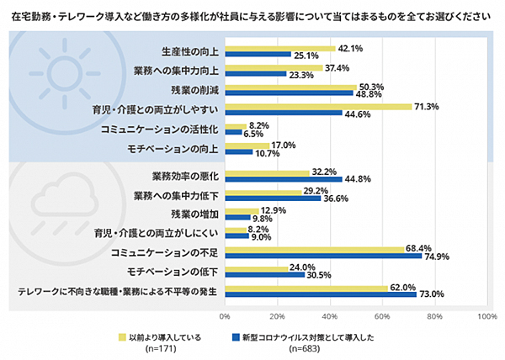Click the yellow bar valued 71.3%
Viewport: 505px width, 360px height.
point(317,107)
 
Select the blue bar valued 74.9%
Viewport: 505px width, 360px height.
point(322,256)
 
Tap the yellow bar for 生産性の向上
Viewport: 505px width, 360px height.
point(279,49)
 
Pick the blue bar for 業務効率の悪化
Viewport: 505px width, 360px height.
point(283,178)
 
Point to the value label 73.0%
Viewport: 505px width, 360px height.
point(431,294)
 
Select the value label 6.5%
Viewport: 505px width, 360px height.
point(253,133)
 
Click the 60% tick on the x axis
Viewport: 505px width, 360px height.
point(381,316)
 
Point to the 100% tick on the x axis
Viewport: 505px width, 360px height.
point(486,316)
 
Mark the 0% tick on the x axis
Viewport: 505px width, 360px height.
point(225,316)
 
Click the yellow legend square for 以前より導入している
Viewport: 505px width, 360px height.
point(121,336)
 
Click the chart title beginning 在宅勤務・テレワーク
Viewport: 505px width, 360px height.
point(252,15)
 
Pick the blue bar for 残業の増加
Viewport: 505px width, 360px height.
point(237,217)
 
